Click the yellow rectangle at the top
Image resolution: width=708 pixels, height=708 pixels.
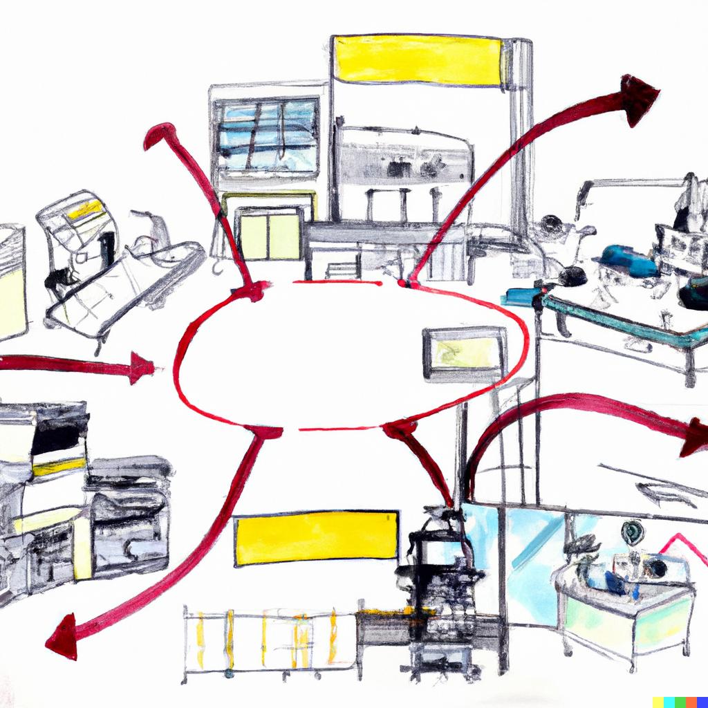coord(418,60)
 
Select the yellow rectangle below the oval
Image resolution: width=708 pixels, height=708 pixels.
coord(317,538)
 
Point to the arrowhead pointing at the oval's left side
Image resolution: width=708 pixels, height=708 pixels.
coord(142,368)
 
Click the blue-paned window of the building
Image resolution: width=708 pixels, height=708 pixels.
coord(266,135)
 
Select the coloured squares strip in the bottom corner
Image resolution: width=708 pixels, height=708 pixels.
coord(679,701)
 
